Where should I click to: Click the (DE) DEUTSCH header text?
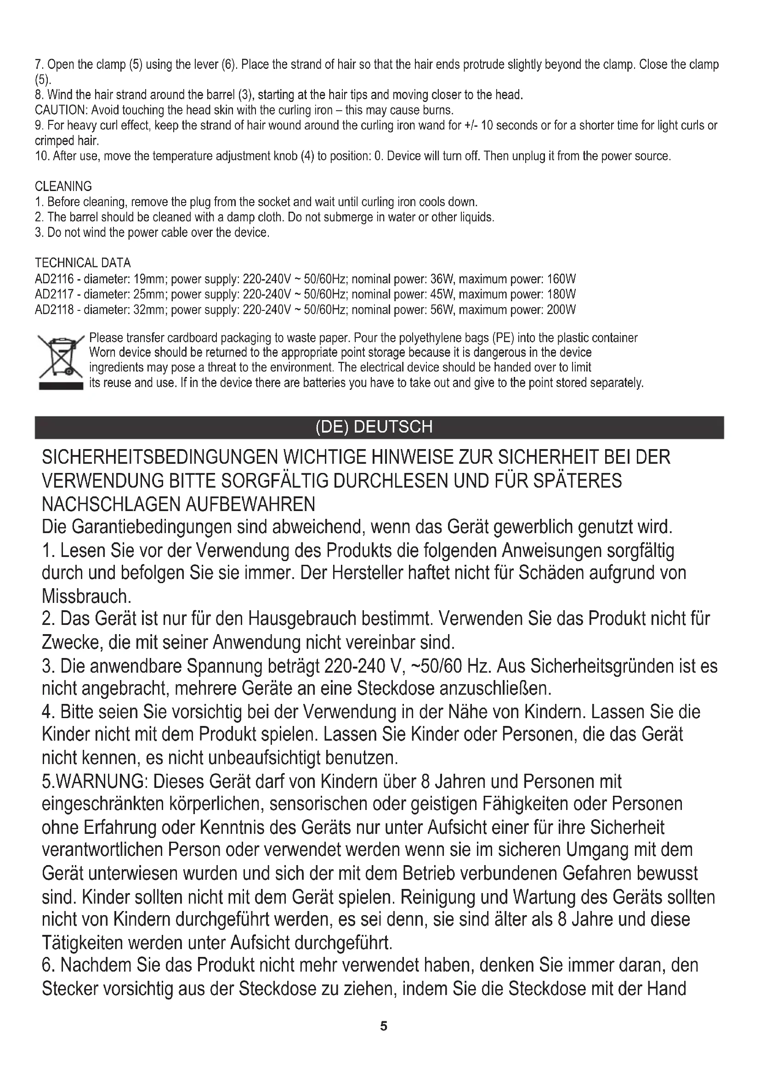pyautogui.click(x=374, y=427)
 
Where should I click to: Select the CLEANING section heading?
pyautogui.click(x=63, y=186)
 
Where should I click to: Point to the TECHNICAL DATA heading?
pyautogui.click(x=83, y=263)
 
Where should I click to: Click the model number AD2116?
pyautogui.click(x=54, y=279)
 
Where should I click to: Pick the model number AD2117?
pyautogui.click(x=54, y=295)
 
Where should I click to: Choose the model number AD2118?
pyautogui.click(x=54, y=309)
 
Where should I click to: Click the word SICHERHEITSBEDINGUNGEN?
pyautogui.click(x=159, y=457)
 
